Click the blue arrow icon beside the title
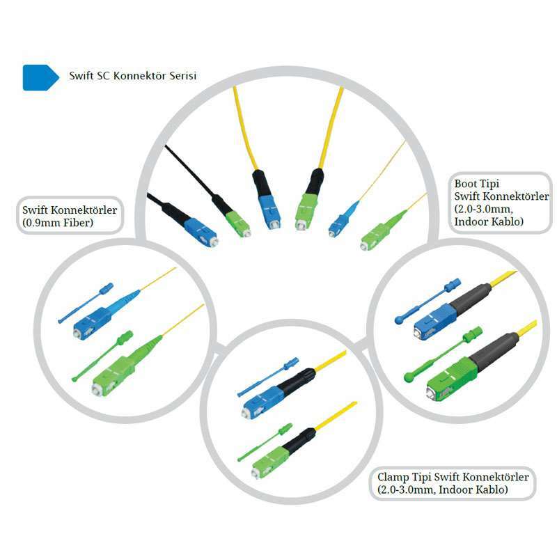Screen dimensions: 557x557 click(x=40, y=77)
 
